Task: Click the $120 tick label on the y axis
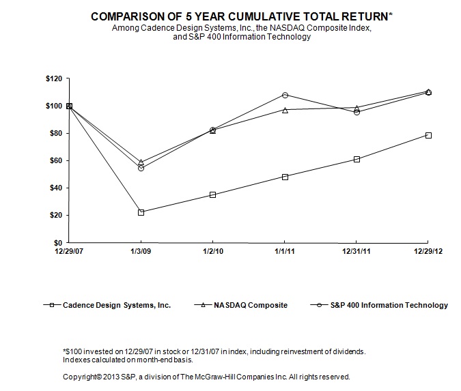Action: [53, 79]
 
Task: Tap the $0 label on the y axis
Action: [58, 243]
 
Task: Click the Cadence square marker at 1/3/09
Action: [141, 212]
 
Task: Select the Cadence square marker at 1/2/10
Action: [213, 194]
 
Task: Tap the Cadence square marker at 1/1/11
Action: [285, 177]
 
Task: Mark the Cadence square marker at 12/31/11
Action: [357, 159]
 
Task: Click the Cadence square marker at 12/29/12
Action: [428, 135]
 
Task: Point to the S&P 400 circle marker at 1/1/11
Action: [285, 95]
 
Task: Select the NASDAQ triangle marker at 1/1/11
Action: [285, 110]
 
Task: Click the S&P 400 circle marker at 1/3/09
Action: [141, 168]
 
